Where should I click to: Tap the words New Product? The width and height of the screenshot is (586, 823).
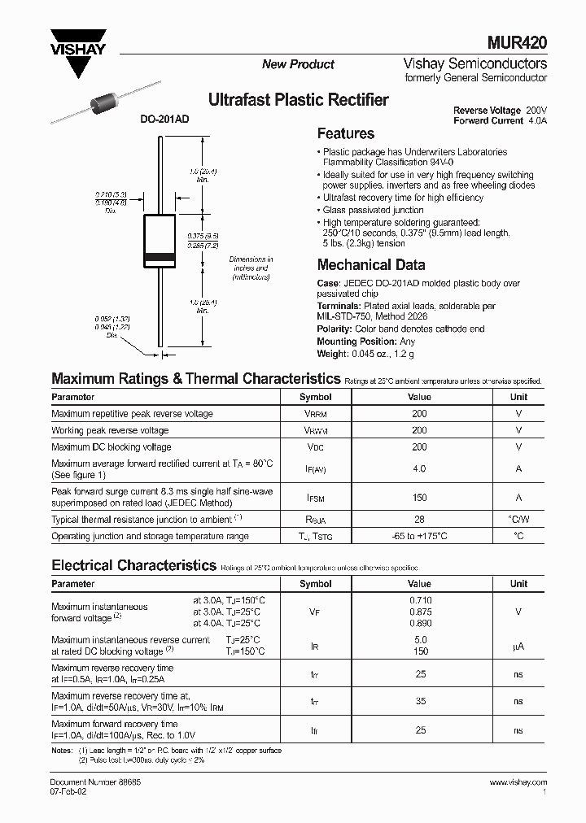coord(298,64)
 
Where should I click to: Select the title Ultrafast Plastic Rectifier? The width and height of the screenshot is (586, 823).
coord(299,100)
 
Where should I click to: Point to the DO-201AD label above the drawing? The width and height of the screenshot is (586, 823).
coord(164,119)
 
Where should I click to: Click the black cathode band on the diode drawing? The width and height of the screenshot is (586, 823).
coord(160,259)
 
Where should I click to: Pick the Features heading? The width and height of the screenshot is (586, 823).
coord(345,134)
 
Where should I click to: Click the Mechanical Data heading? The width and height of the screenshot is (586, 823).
coord(370,265)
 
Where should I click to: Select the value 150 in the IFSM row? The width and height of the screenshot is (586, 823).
coord(419,498)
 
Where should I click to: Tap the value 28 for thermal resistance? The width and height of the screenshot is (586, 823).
coord(419,520)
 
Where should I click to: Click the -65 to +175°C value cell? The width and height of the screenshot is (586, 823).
coord(419,537)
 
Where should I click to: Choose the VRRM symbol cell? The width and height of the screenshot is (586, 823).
coord(315,414)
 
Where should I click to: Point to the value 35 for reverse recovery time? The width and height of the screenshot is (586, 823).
coord(420,702)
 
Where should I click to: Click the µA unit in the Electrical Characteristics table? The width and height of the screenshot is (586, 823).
coord(518,647)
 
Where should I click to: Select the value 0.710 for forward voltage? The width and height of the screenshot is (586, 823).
coord(419,599)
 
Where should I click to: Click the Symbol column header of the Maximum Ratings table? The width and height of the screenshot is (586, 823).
coord(315,397)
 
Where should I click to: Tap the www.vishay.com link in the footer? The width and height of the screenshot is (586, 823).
coord(518,782)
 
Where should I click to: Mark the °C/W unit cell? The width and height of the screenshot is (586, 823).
coord(518,520)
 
